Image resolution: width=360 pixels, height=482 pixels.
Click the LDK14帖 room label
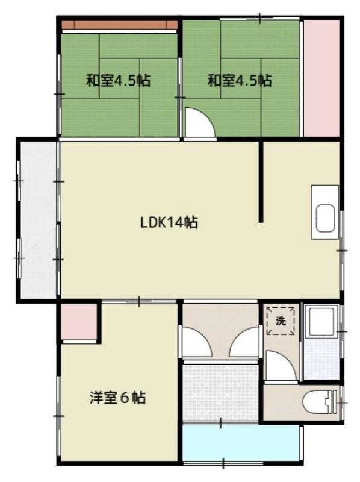click(x=169, y=222)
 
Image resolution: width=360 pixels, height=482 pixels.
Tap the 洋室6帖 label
click(x=118, y=398)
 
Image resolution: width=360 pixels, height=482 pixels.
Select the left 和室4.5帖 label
click(x=118, y=81)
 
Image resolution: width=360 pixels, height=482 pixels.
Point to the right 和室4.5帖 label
click(x=240, y=81)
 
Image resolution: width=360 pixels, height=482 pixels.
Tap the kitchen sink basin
click(x=325, y=218)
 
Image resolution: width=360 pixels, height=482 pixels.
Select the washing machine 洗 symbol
click(x=281, y=321)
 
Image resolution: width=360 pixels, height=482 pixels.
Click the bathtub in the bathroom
click(x=321, y=321)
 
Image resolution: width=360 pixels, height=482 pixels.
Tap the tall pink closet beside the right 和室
click(x=321, y=78)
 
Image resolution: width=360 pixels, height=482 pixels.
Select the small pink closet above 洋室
click(x=79, y=322)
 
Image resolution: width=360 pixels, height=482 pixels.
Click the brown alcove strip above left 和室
click(x=120, y=25)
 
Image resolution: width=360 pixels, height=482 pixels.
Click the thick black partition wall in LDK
click(x=261, y=181)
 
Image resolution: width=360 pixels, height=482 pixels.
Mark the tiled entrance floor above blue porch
click(x=220, y=392)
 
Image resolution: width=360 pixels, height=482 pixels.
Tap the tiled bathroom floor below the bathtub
click(x=321, y=358)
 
